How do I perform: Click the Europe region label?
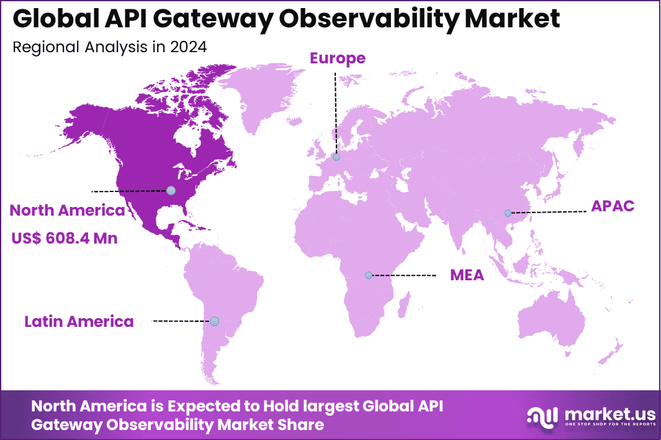coord(338,58)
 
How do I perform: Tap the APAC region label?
coord(613,206)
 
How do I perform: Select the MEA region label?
coord(467,275)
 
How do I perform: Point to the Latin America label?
coord(79,321)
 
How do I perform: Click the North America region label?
coord(67,211)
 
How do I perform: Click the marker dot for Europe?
coord(336,157)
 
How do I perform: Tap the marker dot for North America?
coord(171,190)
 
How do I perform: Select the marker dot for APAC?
coord(508,213)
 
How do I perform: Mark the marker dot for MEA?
coord(369,275)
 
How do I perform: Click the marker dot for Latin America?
coord(214,321)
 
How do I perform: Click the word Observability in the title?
coord(361,19)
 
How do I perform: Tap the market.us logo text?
coord(600,413)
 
